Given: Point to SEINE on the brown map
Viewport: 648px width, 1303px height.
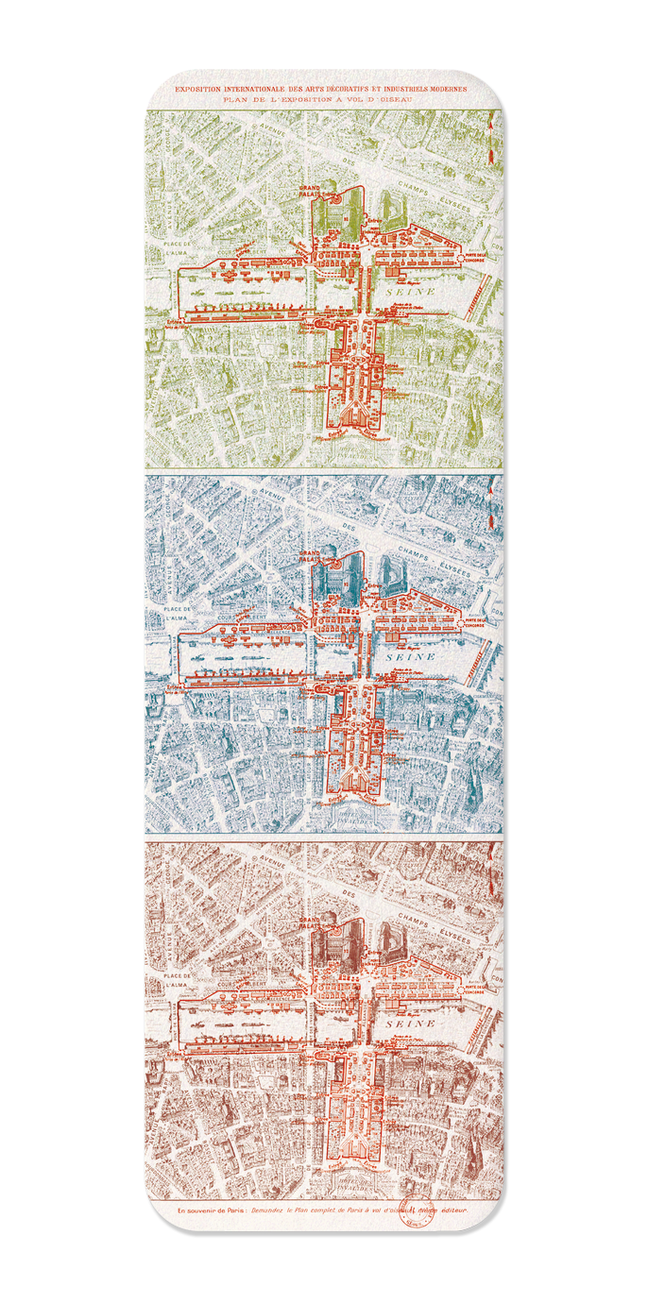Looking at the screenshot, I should (x=410, y=1023).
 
